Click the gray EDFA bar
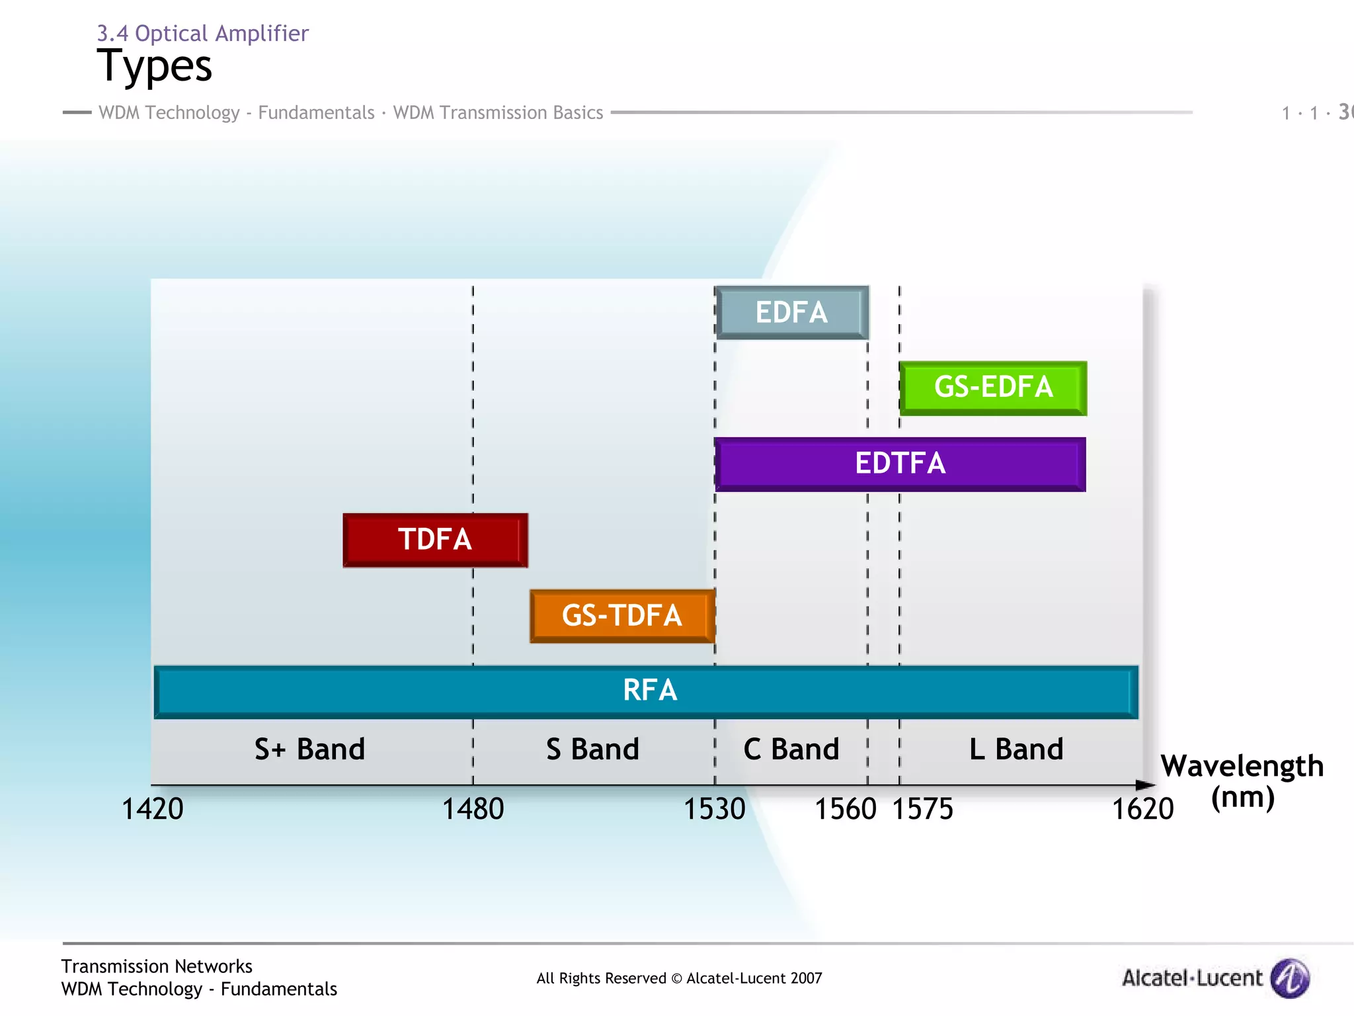(792, 313)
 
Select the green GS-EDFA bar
(993, 388)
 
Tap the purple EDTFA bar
(900, 464)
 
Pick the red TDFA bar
(435, 540)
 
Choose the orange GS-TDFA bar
(622, 616)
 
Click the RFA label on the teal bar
(650, 691)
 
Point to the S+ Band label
(309, 749)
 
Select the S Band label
(592, 749)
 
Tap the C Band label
(791, 749)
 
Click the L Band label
(1016, 749)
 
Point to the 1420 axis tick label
(152, 809)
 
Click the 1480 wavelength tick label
(473, 809)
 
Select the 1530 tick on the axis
(714, 809)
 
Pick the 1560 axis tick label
(845, 809)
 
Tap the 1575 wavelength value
(923, 809)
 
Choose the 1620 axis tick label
(1142, 809)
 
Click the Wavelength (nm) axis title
(1242, 781)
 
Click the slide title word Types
(155, 66)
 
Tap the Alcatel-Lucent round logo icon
(1291, 978)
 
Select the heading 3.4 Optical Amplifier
(202, 33)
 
